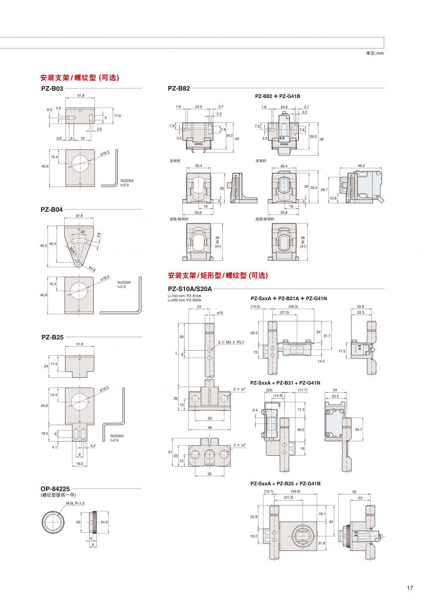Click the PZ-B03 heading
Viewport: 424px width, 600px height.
52,89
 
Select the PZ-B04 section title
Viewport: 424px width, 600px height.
52,210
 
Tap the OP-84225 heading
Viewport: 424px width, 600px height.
55,489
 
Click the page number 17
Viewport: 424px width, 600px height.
410,588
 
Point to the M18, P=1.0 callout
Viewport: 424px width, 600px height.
75,503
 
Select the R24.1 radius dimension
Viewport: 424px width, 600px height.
73,251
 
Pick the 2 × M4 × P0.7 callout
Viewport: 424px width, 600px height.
231,342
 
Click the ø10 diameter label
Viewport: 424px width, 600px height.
220,313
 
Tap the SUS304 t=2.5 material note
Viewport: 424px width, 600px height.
124,284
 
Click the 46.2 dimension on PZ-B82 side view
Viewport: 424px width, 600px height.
361,166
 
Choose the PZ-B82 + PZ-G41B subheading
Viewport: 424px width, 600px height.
278,96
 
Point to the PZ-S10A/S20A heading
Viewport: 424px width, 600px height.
190,289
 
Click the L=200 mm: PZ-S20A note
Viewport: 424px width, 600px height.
184,300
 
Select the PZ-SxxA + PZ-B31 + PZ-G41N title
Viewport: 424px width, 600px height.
285,383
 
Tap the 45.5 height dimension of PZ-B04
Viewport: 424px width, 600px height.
43,246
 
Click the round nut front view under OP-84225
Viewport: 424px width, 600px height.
53,522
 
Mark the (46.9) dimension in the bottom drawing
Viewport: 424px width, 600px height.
296,491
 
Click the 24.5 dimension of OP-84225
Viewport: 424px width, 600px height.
104,522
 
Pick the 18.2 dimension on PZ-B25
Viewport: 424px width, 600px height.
45,433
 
